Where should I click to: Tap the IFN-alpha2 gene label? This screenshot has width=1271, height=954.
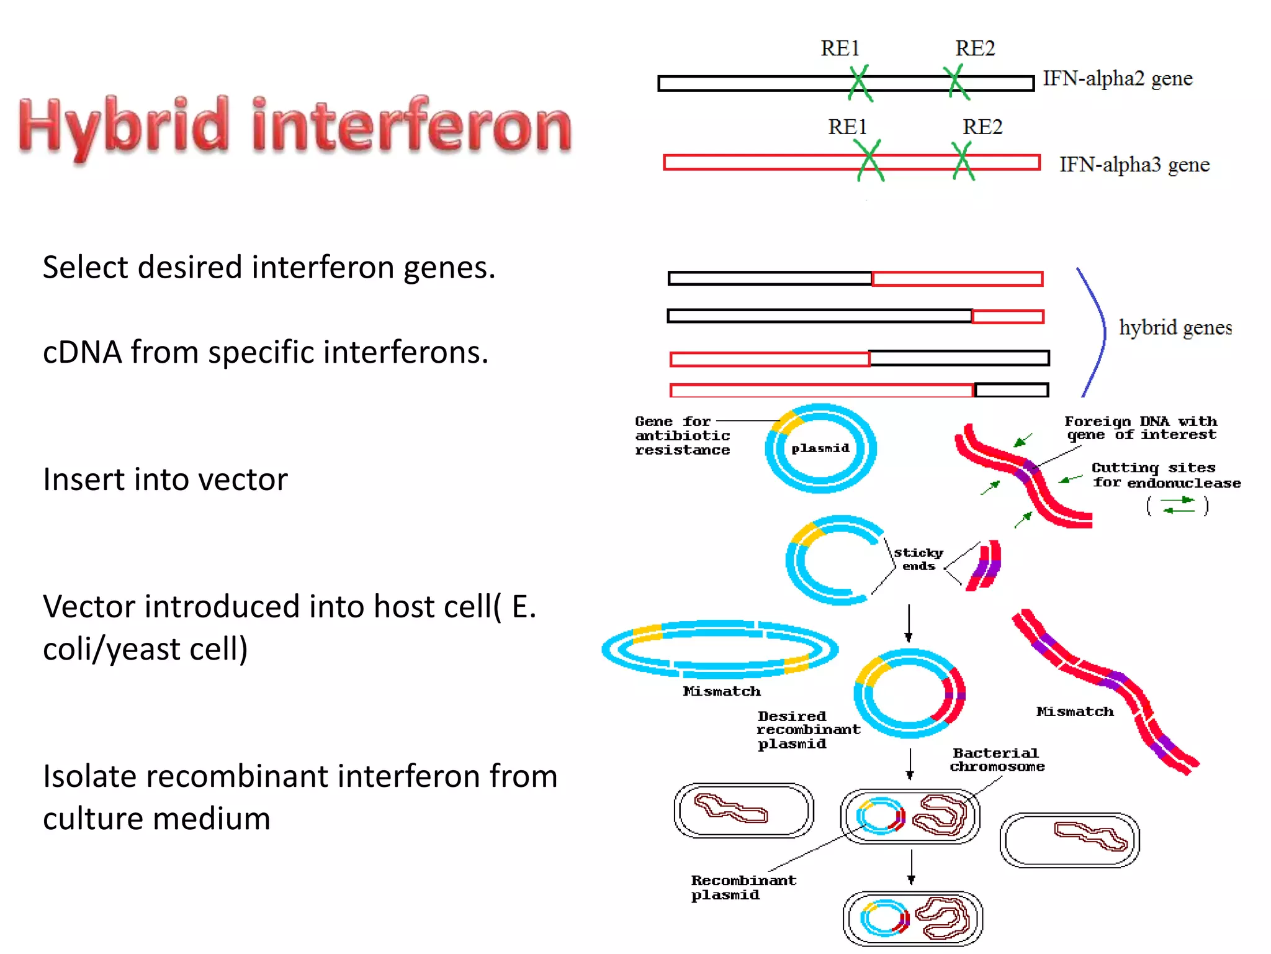pyautogui.click(x=1117, y=79)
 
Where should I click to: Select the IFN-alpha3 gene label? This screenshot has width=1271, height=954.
pyautogui.click(x=1134, y=165)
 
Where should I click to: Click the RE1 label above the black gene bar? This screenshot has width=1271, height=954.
pyautogui.click(x=840, y=48)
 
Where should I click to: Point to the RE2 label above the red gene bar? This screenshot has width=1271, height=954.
pyautogui.click(x=982, y=127)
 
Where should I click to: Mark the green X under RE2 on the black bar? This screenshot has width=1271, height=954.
pyautogui.click(x=956, y=83)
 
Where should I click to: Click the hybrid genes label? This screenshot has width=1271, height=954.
pyautogui.click(x=1175, y=327)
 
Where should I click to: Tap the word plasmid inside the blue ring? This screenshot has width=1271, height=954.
pyautogui.click(x=820, y=448)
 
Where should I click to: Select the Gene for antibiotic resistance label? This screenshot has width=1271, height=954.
pyautogui.click(x=682, y=436)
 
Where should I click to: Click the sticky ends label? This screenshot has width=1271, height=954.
pyautogui.click(x=918, y=559)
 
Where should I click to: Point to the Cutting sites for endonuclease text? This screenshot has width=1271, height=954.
pyautogui.click(x=1165, y=476)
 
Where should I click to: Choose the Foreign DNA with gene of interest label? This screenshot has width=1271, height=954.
pyautogui.click(x=1141, y=428)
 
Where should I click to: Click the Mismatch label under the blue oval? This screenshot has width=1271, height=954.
pyautogui.click(x=721, y=691)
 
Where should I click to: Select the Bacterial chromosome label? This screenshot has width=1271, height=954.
pyautogui.click(x=997, y=760)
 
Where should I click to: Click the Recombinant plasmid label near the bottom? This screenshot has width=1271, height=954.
pyautogui.click(x=743, y=888)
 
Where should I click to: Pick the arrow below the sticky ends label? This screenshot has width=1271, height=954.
pyautogui.click(x=909, y=623)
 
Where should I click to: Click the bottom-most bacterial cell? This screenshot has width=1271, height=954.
pyautogui.click(x=912, y=919)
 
